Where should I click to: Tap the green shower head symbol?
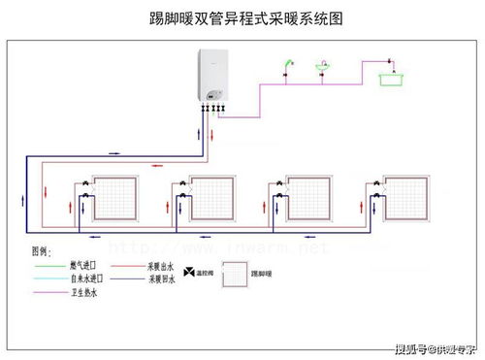point(287,67)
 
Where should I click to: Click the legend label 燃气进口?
point(82,264)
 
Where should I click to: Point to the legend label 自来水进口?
point(85,278)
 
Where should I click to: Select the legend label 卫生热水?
point(83,292)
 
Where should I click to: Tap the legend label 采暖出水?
point(161,264)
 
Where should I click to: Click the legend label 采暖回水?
point(161,278)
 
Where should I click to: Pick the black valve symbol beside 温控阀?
point(188,273)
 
